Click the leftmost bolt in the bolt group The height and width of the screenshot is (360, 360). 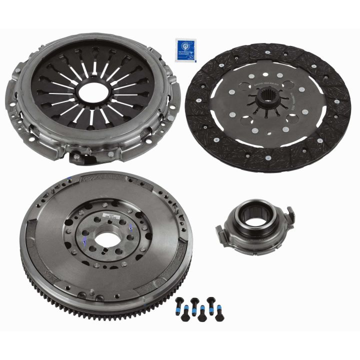pos(179,304)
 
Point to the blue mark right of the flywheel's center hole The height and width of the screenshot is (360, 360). pos(130,227)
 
